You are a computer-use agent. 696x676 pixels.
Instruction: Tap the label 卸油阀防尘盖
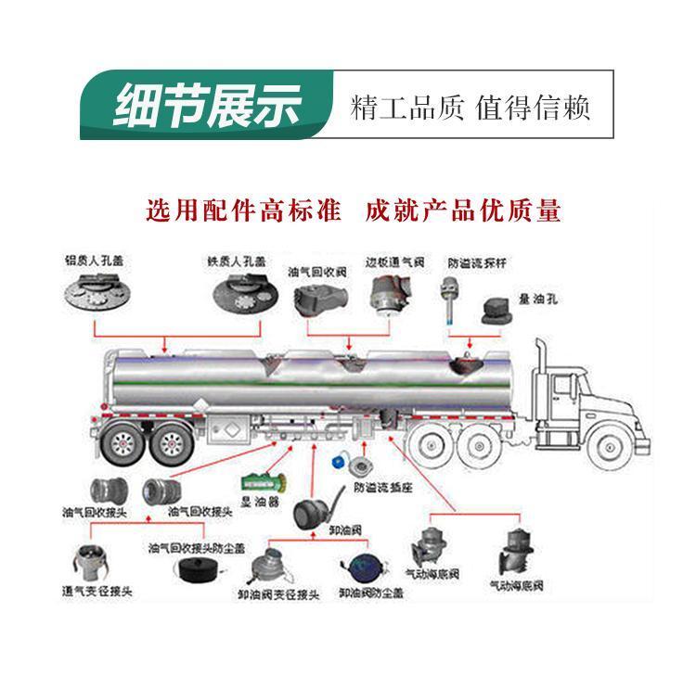[x=369, y=592]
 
